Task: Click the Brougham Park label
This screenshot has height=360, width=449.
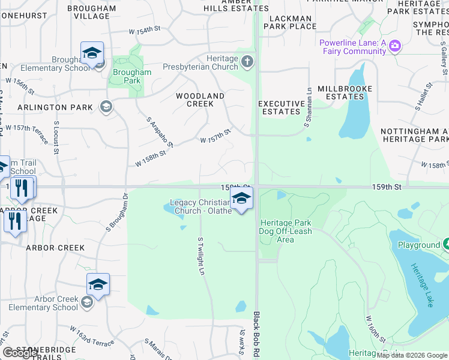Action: [132, 76]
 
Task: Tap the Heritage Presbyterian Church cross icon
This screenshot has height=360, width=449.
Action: [247, 61]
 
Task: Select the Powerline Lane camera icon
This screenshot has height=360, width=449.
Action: [394, 46]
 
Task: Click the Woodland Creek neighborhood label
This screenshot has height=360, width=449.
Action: [200, 100]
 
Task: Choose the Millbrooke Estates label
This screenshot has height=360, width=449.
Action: [345, 92]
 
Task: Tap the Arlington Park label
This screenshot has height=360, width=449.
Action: [55, 107]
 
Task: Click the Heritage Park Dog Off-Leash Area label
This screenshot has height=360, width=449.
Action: [285, 231]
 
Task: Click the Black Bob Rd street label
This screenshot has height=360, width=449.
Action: [257, 335]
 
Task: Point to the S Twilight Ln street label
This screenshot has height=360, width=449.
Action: [200, 256]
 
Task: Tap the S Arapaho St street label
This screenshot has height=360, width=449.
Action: [160, 132]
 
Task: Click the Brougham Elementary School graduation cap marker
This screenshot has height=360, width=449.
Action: [92, 53]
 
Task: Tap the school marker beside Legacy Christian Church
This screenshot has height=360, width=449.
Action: [241, 199]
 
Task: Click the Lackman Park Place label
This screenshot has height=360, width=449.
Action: [290, 23]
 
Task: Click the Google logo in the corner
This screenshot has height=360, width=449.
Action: [20, 353]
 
